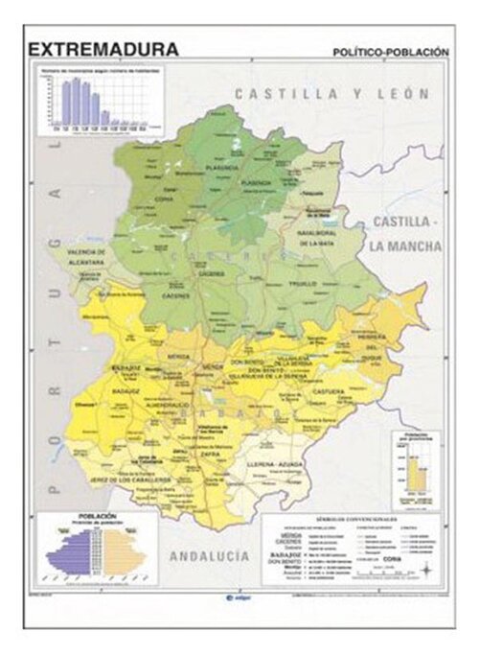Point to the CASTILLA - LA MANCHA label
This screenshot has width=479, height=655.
tap(407, 233)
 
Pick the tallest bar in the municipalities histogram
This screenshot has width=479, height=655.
tap(68, 103)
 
